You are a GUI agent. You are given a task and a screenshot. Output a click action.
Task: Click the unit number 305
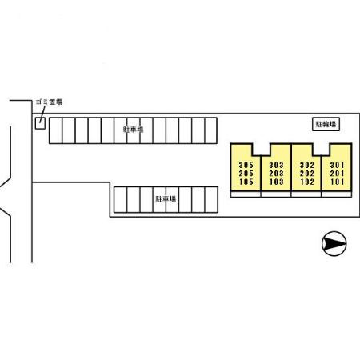pyautogui.click(x=246, y=165)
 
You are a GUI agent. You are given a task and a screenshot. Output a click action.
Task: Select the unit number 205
pyautogui.click(x=246, y=174)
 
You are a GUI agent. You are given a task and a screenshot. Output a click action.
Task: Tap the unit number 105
pyautogui.click(x=246, y=182)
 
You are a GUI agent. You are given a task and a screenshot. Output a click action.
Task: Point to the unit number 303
pyautogui.click(x=276, y=165)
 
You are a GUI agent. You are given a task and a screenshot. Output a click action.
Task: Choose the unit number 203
pyautogui.click(x=276, y=174)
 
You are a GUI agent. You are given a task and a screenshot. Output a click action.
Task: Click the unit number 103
pyautogui.click(x=276, y=182)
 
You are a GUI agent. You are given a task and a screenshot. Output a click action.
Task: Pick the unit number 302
pyautogui.click(x=307, y=165)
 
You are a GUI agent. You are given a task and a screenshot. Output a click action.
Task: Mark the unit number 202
pyautogui.click(x=307, y=174)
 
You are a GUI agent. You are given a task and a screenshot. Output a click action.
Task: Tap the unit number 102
pyautogui.click(x=307, y=182)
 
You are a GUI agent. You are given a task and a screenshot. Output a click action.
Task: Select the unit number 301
pyautogui.click(x=337, y=165)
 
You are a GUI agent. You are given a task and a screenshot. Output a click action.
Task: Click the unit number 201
pyautogui.click(x=337, y=174)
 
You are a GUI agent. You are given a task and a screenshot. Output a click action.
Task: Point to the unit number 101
pyautogui.click(x=337, y=182)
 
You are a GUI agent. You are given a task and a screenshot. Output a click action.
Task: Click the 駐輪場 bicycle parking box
pyautogui.click(x=326, y=124)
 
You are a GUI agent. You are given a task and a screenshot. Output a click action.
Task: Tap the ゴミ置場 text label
pyautogui.click(x=49, y=102)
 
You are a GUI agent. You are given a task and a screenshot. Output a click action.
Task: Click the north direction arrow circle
pyautogui.click(x=334, y=243)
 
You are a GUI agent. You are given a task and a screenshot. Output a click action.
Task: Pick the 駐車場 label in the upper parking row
pyautogui.click(x=134, y=130)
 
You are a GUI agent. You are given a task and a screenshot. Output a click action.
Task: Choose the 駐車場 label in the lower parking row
pyautogui.click(x=166, y=199)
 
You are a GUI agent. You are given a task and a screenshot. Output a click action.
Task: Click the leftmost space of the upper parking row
pyautogui.click(x=56, y=130)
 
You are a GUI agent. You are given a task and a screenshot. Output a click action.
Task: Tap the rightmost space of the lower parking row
pyautogui.click(x=211, y=200)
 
